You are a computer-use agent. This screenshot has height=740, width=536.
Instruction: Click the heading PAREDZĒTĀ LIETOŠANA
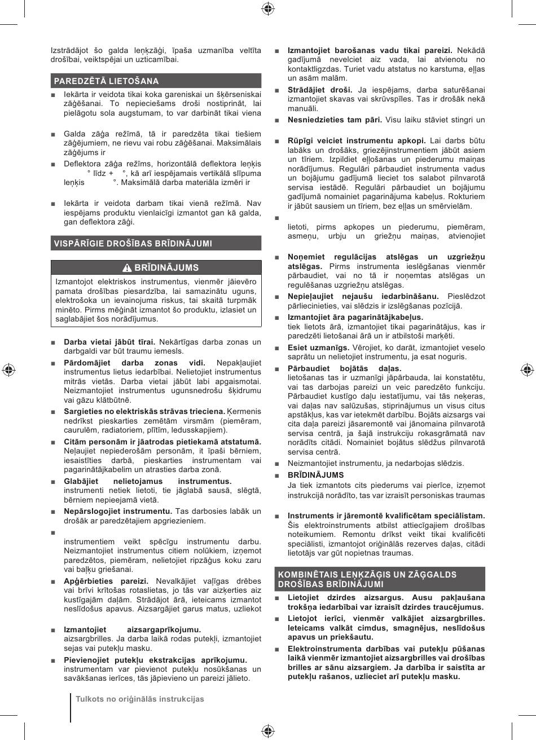pyautogui.click(x=106, y=81)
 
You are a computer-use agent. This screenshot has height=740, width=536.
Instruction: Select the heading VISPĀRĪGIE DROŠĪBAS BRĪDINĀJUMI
pyautogui.click(x=133, y=244)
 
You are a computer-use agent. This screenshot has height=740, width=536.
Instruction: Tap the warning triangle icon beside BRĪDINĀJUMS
pyautogui.click(x=128, y=268)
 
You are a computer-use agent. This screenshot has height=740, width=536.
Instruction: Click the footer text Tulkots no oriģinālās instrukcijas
pyautogui.click(x=140, y=699)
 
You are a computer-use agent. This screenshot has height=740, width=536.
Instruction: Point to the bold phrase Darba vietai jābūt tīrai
pyautogui.click(x=109, y=342)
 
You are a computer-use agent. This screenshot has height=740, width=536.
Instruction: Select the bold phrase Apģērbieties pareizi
pyautogui.click(x=106, y=581)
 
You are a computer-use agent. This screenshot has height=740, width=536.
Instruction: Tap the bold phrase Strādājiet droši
pyautogui.click(x=320, y=90)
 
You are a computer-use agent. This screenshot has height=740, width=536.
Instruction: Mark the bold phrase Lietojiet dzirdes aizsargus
pyautogui.click(x=345, y=597)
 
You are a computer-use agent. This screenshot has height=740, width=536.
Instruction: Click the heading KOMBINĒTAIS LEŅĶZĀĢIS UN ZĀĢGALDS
pyautogui.click(x=367, y=574)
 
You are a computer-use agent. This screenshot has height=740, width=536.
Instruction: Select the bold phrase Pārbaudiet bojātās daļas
pyautogui.click(x=344, y=368)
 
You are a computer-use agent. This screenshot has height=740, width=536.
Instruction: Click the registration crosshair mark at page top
pyautogui.click(x=268, y=8)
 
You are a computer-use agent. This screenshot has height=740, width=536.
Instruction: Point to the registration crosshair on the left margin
pyautogui.click(x=8, y=370)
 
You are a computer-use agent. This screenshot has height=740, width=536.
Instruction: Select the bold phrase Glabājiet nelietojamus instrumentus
pyautogui.click(x=147, y=481)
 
